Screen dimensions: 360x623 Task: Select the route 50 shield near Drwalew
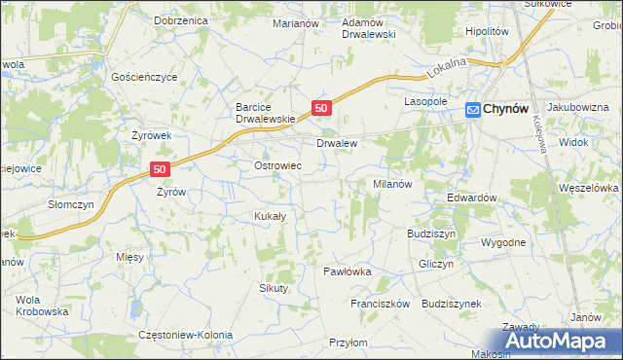322,107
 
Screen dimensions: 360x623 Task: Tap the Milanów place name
393,183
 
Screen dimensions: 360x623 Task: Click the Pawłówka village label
348,271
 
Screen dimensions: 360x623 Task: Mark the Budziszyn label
431,234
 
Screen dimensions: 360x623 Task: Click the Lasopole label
425,101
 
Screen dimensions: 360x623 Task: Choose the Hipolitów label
488,31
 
